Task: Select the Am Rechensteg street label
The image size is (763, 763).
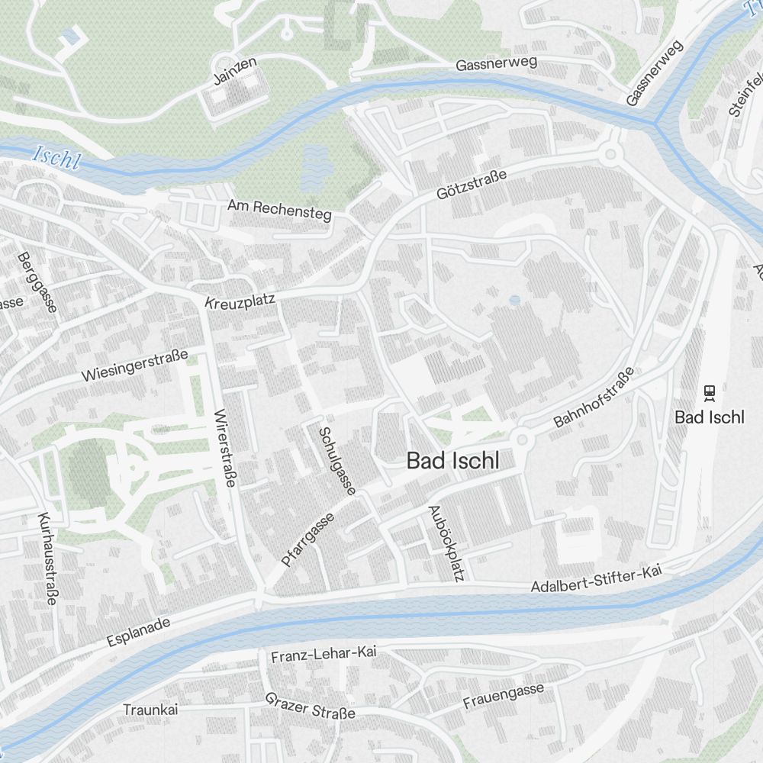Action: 280,210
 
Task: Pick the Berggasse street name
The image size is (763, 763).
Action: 36,282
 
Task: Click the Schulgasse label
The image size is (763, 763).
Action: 336,460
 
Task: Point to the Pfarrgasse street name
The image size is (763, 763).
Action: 307,539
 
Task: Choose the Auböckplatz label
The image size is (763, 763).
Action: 446,542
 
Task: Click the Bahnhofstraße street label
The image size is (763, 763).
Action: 594,397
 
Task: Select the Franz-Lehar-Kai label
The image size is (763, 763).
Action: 324,654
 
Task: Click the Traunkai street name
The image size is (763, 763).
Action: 150,710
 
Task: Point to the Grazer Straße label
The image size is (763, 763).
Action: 311,706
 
